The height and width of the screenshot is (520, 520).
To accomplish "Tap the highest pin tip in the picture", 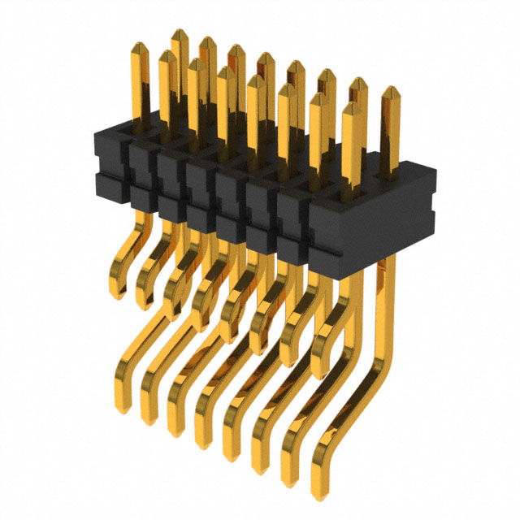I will click(179, 33).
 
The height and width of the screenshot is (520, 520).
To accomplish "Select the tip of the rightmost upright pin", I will click(390, 90).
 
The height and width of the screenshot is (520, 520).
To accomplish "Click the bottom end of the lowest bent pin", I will click(319, 493).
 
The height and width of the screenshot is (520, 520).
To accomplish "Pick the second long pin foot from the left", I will click(149, 418).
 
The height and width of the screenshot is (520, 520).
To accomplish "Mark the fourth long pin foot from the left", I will click(201, 443).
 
